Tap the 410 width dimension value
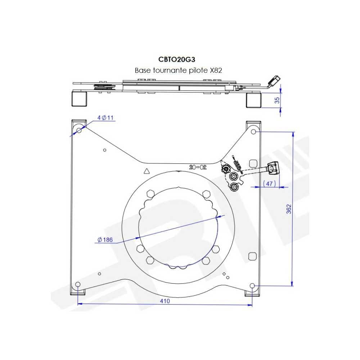coord(165,301)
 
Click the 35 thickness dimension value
coord(277,100)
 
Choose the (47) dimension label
coord(270,184)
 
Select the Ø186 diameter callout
coord(105,239)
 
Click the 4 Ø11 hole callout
coord(105,118)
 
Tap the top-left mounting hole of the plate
coord(79,130)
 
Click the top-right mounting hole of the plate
coord(253,132)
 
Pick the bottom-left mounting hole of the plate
coord(78,285)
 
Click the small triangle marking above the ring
coord(146,171)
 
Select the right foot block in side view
coord(253,100)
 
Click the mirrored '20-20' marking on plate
coord(198,167)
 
